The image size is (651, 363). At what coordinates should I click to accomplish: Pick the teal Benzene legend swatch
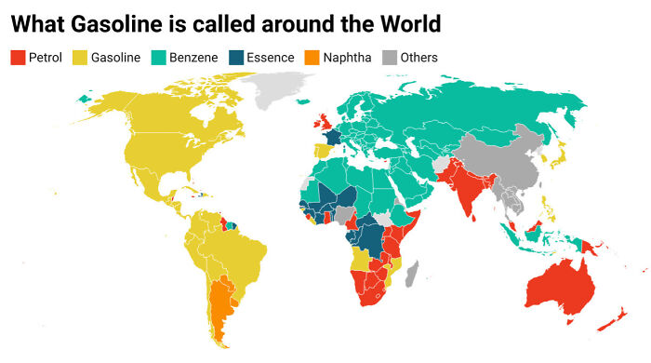pos(159,58)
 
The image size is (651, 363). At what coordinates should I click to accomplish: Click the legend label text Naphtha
pos(347,58)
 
